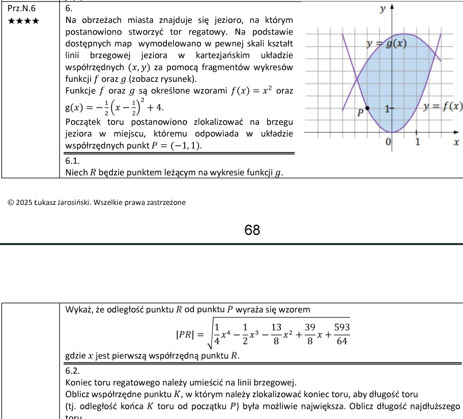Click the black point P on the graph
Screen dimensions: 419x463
[x=367, y=108]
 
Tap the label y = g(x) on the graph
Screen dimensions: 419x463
[x=388, y=44]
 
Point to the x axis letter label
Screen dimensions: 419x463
[x=456, y=143]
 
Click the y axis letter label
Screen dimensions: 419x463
[x=382, y=9]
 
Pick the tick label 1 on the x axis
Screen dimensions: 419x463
[x=418, y=142]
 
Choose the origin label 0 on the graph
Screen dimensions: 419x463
[x=388, y=142]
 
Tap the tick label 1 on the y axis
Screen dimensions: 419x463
[x=387, y=108]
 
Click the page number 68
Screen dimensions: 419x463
[x=252, y=230]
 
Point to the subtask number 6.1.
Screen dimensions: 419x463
[x=73, y=161]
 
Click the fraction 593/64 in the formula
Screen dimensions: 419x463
[x=341, y=334]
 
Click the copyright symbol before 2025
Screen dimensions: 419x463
[x=11, y=202]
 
